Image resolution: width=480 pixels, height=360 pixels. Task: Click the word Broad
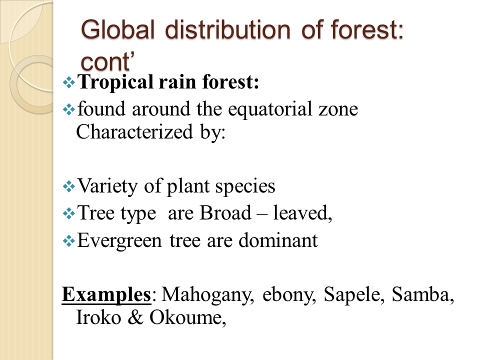(222, 213)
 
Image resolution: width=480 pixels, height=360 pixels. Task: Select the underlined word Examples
(106, 295)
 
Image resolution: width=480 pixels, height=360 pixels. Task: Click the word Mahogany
(203, 295)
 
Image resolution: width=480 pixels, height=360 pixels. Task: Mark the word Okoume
(188, 318)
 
